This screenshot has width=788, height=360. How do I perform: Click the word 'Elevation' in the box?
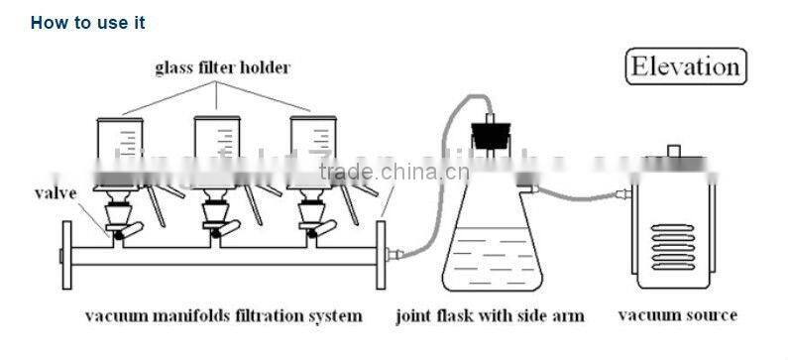click(686, 67)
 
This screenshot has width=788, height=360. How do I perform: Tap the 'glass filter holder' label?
click(222, 68)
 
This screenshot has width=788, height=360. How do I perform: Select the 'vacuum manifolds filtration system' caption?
click(223, 316)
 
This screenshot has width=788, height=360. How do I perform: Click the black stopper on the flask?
click(486, 132)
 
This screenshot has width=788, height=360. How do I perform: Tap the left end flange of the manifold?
click(65, 257)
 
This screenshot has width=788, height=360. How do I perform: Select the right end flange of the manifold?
click(379, 257)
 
